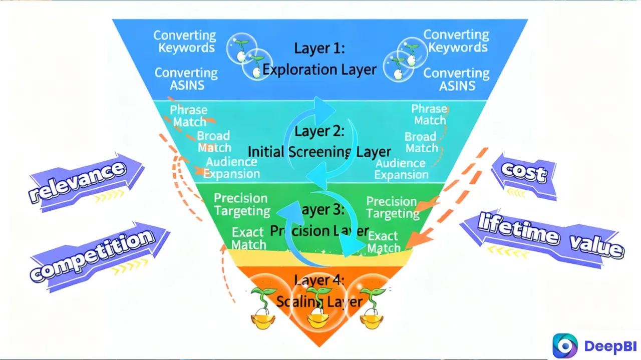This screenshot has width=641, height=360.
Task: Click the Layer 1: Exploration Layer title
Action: [319, 59]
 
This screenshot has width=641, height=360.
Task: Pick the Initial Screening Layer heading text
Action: [319, 151]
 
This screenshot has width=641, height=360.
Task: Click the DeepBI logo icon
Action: [565, 345]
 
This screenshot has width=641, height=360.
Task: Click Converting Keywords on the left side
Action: [185, 42]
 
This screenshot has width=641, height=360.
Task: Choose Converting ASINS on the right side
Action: [456, 79]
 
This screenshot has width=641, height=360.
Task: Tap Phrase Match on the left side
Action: [188, 116]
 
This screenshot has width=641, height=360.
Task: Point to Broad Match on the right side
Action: [421, 142]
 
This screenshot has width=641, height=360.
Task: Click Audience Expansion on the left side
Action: [231, 168]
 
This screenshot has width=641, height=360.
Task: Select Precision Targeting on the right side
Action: [392, 207]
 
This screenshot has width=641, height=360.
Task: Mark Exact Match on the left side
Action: [248, 239]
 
